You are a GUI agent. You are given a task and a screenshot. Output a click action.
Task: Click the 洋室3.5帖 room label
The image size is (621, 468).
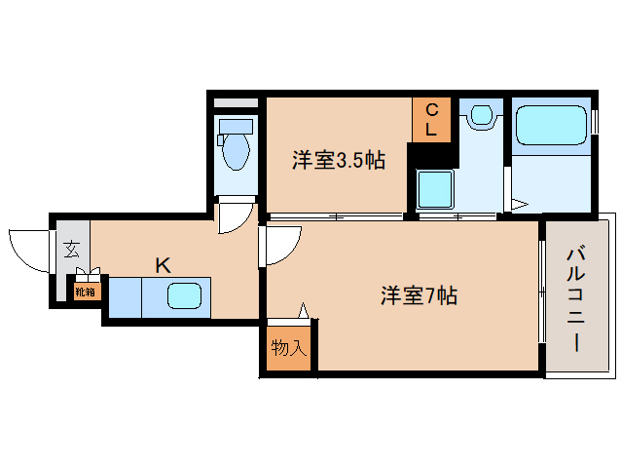(338, 161)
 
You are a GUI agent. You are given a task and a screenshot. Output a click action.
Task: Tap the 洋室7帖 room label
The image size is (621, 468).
(419, 295)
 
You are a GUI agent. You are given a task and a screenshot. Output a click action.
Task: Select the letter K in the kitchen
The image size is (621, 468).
(164, 264)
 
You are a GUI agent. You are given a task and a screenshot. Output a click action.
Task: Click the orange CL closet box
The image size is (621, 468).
(431, 118)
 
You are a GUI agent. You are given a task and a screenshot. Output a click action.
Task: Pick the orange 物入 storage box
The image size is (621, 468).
(287, 347)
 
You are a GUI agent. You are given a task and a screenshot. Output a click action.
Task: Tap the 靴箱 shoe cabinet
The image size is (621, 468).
(85, 291)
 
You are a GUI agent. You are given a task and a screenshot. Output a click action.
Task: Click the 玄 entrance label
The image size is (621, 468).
(72, 248)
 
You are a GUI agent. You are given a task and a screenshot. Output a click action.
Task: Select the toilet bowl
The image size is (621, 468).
(236, 151)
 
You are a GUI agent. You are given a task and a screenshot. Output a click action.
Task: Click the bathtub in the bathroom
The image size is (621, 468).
(550, 126)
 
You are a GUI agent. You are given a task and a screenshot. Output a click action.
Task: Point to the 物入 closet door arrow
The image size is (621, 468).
(305, 311)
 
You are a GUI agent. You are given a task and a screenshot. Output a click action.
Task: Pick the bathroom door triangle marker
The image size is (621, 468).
(519, 205)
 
